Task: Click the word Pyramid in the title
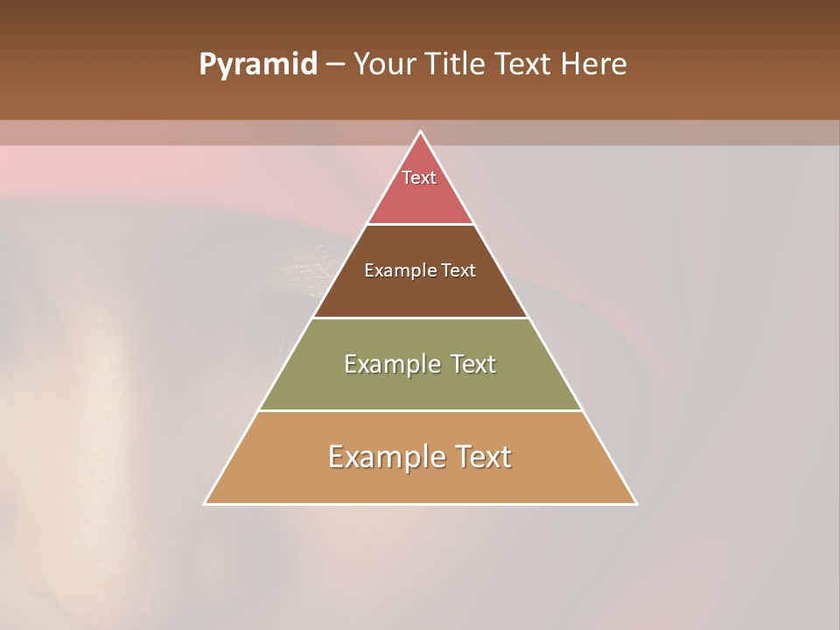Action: pyautogui.click(x=258, y=64)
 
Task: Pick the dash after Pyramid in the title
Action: pyautogui.click(x=335, y=64)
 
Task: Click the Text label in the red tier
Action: pyautogui.click(x=419, y=178)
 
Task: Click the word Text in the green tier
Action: pyautogui.click(x=473, y=364)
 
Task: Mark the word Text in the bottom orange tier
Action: pyautogui.click(x=481, y=457)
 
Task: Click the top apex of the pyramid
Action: pyautogui.click(x=421, y=132)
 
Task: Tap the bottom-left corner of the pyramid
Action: pyautogui.click(x=205, y=503)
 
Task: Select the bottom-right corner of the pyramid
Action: pyautogui.click(x=636, y=503)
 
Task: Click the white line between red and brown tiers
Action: pyautogui.click(x=421, y=224)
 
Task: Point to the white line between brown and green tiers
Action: pyautogui.click(x=421, y=318)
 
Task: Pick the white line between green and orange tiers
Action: pyautogui.click(x=421, y=410)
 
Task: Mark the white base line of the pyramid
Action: pyautogui.click(x=421, y=504)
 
